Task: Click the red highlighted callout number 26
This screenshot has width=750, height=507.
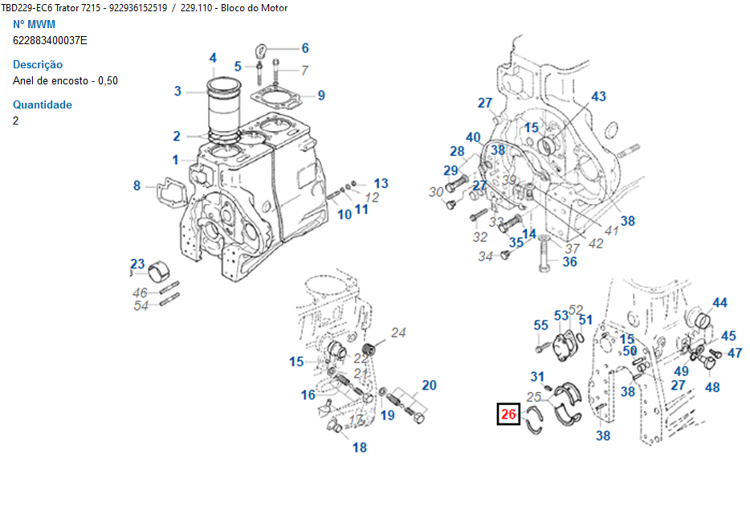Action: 507,415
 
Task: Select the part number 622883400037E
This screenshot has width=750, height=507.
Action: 51,40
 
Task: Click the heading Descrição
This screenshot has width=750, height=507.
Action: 38,64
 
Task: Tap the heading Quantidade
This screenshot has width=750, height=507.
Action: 43,104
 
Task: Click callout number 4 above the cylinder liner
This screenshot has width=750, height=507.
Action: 213,58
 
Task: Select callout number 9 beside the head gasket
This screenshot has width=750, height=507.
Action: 321,96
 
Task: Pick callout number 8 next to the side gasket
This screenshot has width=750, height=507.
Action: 137,186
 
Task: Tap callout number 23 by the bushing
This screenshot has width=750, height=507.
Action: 138,264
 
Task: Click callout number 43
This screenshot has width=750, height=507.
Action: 598,96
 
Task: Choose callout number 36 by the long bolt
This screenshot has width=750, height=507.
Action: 569,261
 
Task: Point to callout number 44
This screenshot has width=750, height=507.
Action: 719,303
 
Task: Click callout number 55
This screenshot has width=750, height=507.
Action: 541,325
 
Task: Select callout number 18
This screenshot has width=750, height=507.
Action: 360,448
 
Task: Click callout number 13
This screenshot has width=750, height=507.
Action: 381,183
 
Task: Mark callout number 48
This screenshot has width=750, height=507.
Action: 712,387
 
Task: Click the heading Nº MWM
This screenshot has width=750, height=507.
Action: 35,24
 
